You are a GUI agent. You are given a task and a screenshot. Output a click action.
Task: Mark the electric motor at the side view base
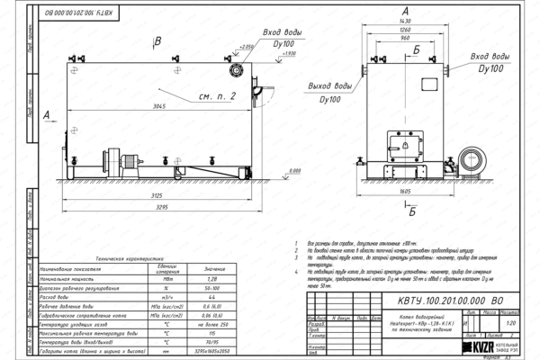coord(123,160)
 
